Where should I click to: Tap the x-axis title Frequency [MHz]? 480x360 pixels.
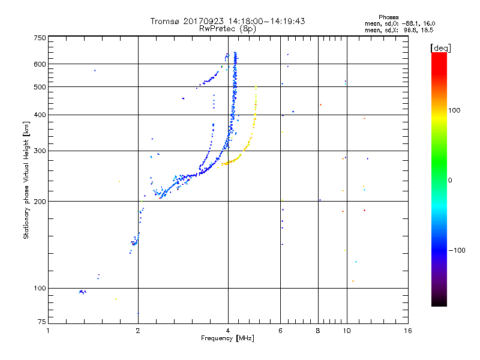tap(227, 339)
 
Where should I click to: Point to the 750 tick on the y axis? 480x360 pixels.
tap(39, 37)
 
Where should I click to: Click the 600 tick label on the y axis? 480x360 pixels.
tap(39, 64)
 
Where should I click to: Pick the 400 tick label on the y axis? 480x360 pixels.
tap(39, 115)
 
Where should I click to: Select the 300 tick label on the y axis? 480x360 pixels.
tap(39, 151)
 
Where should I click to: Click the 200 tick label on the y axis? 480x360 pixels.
tap(39, 202)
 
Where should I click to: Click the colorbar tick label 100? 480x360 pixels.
tap(457, 110)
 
